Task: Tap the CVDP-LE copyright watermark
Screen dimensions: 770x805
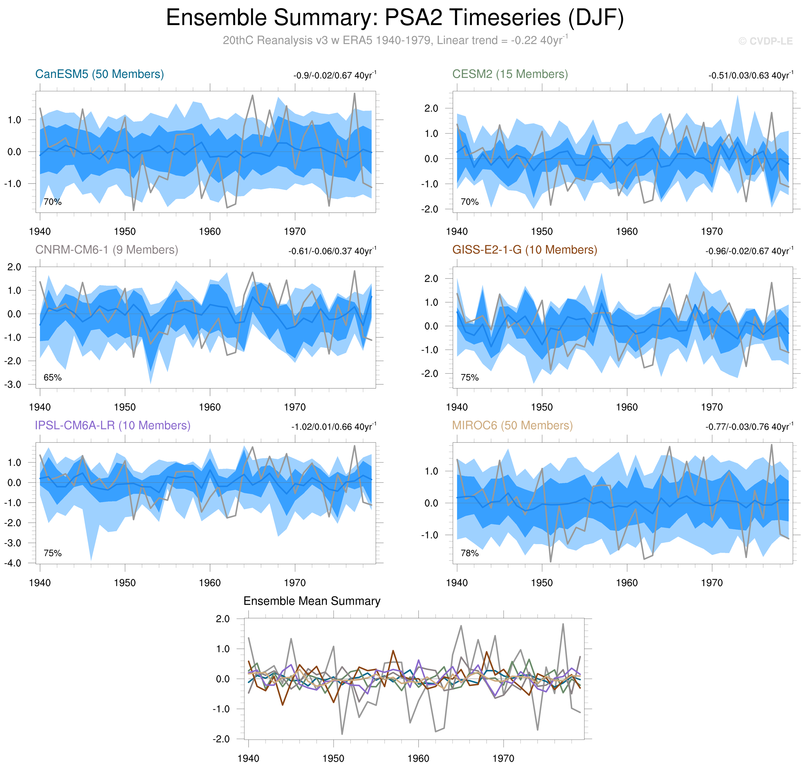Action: click(765, 42)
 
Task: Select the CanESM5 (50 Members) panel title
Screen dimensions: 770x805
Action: click(100, 74)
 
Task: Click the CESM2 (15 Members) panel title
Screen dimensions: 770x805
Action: click(510, 74)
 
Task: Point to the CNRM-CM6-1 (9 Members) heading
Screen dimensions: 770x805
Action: click(107, 250)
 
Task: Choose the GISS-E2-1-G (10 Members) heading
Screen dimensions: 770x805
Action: click(524, 250)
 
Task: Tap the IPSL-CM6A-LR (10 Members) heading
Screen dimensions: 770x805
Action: click(113, 426)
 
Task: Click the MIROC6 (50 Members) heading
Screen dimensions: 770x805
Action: click(512, 426)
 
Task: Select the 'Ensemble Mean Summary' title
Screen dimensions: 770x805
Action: click(312, 601)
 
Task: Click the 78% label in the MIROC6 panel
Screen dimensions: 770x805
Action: click(470, 553)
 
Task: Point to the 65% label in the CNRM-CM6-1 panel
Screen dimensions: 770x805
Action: click(52, 378)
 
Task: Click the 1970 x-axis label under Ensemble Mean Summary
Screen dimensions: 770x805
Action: click(503, 759)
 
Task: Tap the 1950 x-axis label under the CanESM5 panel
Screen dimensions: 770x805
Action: click(125, 232)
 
